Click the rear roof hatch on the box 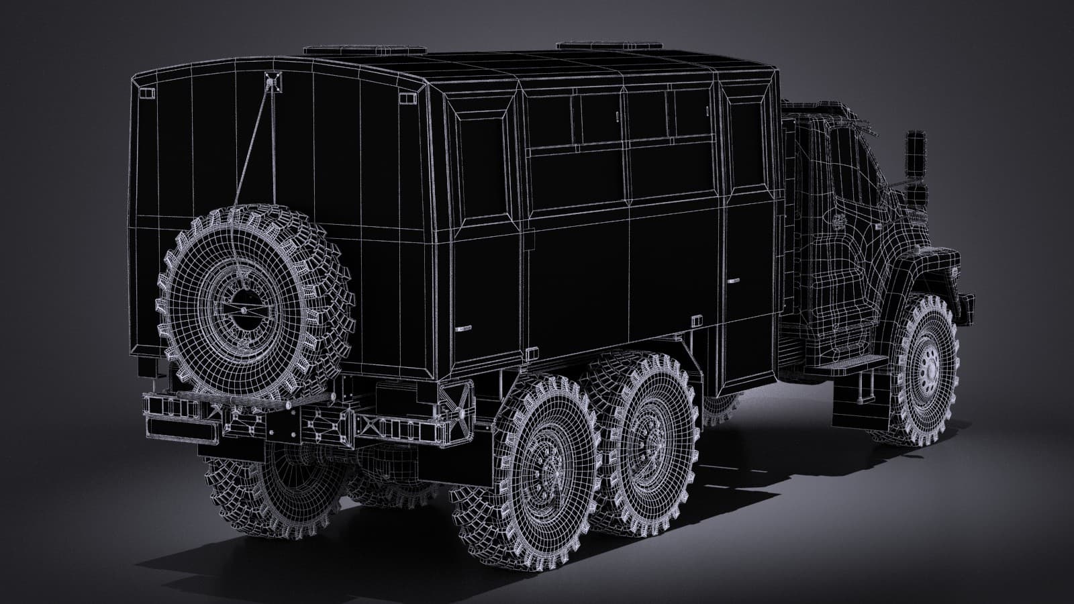tap(364, 50)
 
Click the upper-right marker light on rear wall tap(406, 99)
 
